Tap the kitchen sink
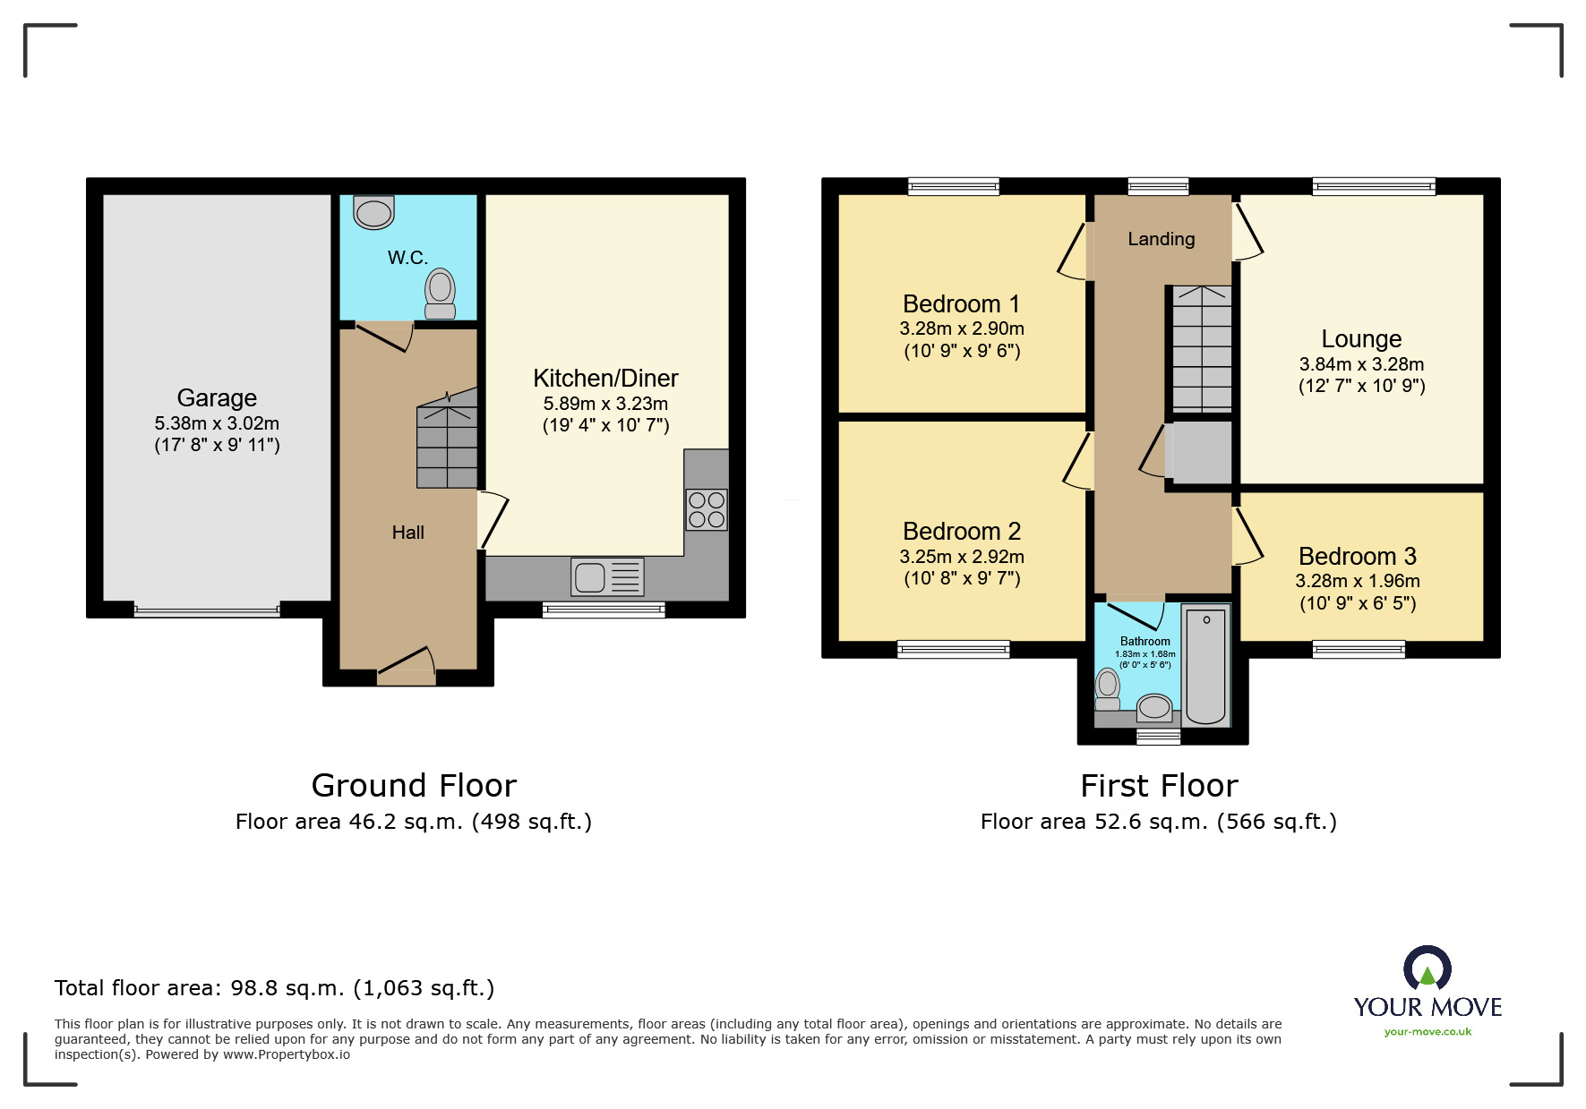pyautogui.click(x=606, y=577)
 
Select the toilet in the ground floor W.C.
pyautogui.click(x=440, y=294)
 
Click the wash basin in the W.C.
pyautogui.click(x=373, y=213)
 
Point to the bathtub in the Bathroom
pyautogui.click(x=1205, y=664)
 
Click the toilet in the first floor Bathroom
pyautogui.click(x=1108, y=689)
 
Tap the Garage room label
pyautogui.click(x=217, y=397)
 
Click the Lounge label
pyautogui.click(x=1361, y=338)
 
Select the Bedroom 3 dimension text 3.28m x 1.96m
pyautogui.click(x=1357, y=581)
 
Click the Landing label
pyautogui.click(x=1161, y=239)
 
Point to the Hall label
pyautogui.click(x=407, y=533)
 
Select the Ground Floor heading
pyautogui.click(x=414, y=785)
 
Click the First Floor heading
pyautogui.click(x=1159, y=785)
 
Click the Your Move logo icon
pyautogui.click(x=1427, y=969)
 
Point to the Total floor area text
pyautogui.click(x=274, y=988)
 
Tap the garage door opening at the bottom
pyautogui.click(x=207, y=611)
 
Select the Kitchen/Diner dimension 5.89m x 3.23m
pyautogui.click(x=605, y=404)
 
